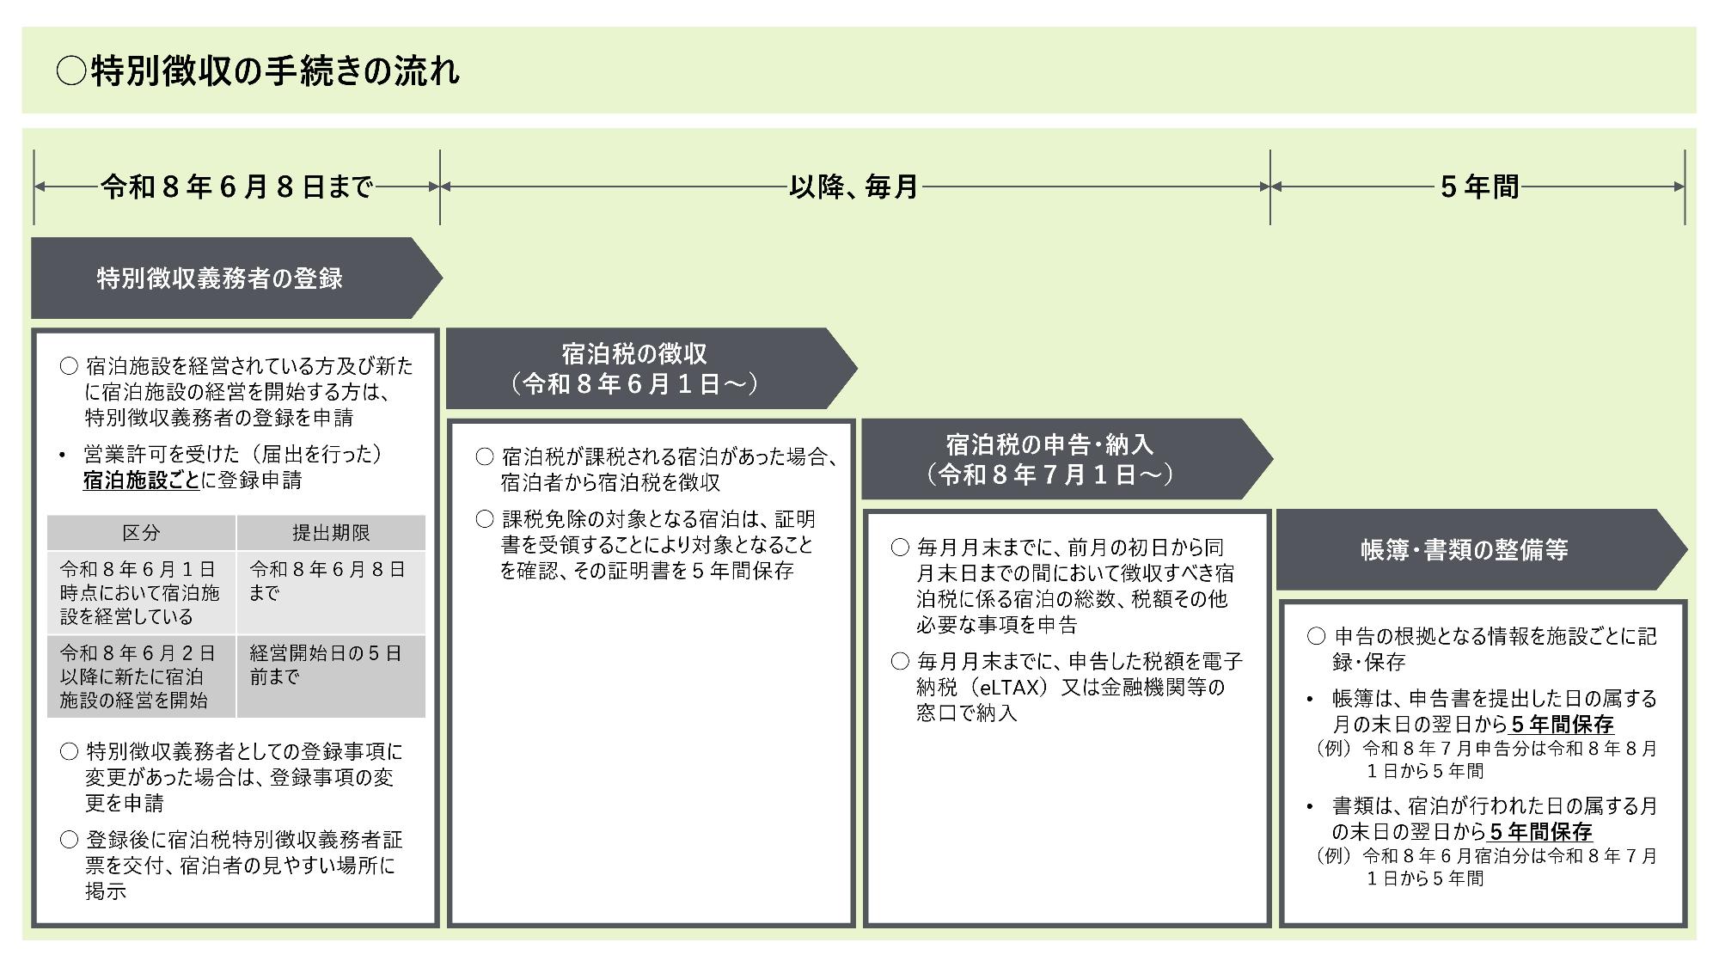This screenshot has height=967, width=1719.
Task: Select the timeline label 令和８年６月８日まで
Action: (236, 187)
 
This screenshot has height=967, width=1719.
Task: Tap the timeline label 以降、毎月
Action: (853, 187)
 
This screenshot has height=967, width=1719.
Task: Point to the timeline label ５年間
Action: (1479, 187)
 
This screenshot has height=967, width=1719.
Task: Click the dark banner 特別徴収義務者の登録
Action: (220, 278)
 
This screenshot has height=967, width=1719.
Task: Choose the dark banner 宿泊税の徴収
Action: (634, 353)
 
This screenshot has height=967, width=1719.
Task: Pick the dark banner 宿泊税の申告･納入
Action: (1049, 444)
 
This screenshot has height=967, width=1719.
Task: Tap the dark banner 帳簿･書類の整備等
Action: (1465, 550)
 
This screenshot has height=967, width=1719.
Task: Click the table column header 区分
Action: (141, 533)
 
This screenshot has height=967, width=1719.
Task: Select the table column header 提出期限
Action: (331, 533)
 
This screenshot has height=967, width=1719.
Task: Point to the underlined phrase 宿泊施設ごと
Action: (141, 480)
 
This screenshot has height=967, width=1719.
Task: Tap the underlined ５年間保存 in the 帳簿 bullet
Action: (1562, 725)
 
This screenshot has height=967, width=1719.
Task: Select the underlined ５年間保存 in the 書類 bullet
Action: (1540, 832)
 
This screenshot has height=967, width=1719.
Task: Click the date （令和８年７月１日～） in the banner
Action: (1049, 474)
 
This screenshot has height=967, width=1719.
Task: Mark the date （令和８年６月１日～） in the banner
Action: (634, 383)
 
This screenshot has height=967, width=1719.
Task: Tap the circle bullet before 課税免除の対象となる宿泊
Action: (486, 519)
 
